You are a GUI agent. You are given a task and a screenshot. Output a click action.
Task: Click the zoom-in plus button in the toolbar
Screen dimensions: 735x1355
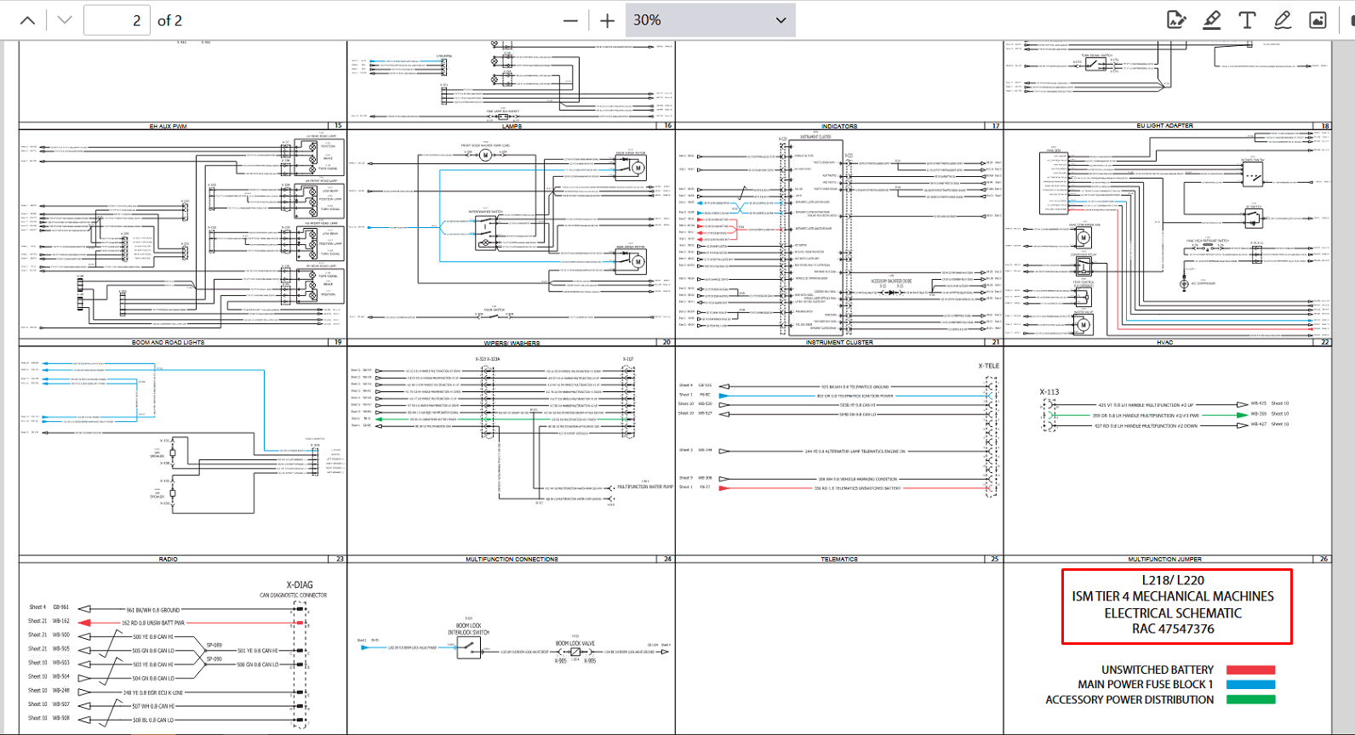(607, 20)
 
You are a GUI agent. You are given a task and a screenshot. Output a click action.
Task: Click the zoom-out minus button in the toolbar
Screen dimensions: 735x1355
(570, 20)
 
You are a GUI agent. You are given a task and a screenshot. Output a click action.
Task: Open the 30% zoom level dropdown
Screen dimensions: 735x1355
(710, 20)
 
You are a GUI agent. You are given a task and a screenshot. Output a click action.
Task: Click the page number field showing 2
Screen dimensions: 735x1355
(117, 20)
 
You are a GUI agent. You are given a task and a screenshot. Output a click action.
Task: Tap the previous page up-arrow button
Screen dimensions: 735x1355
(27, 20)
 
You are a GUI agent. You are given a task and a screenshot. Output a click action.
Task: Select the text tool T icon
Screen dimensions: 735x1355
(1247, 20)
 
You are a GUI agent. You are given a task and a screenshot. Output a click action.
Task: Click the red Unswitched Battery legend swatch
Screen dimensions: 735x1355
(1250, 670)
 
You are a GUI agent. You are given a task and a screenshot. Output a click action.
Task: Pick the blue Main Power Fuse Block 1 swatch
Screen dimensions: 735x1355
(1250, 685)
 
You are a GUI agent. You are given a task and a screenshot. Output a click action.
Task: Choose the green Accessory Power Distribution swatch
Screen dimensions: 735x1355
(1250, 700)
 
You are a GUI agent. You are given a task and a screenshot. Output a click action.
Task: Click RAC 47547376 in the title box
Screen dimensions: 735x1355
(1173, 630)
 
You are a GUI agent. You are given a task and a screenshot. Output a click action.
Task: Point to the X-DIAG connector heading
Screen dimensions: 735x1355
(300, 585)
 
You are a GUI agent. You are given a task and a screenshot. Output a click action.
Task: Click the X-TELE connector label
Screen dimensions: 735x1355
(988, 366)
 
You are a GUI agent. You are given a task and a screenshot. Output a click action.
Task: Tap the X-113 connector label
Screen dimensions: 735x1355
(1049, 392)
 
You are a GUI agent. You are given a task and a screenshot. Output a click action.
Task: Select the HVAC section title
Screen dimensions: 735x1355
(1164, 343)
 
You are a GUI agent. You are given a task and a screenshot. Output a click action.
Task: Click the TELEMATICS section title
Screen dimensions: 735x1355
(838, 560)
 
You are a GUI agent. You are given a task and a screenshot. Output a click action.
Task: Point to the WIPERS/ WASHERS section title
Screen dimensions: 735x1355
(512, 344)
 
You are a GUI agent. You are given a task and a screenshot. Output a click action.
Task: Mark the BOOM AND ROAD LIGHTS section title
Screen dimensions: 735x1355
(168, 343)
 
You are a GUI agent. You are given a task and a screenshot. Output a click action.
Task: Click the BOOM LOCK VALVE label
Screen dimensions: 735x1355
(575, 644)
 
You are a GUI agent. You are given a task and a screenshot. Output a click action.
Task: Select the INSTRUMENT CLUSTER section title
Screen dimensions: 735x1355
(839, 343)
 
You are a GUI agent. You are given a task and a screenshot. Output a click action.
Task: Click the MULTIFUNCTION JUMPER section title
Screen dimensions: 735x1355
(1164, 560)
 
